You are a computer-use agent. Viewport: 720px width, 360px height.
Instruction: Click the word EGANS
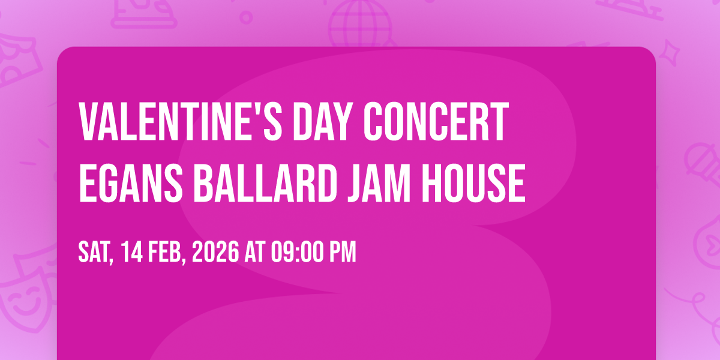click(x=131, y=183)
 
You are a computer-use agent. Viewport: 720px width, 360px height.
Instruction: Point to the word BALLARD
click(x=265, y=183)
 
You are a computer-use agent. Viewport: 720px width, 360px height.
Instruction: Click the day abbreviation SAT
click(x=95, y=252)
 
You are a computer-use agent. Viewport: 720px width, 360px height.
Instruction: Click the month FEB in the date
click(x=167, y=252)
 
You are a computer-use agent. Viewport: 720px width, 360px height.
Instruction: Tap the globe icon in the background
click(x=360, y=23)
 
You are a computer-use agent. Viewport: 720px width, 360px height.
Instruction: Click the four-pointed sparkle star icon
click(x=670, y=53)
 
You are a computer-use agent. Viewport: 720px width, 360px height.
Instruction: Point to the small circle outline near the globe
click(x=246, y=17)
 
